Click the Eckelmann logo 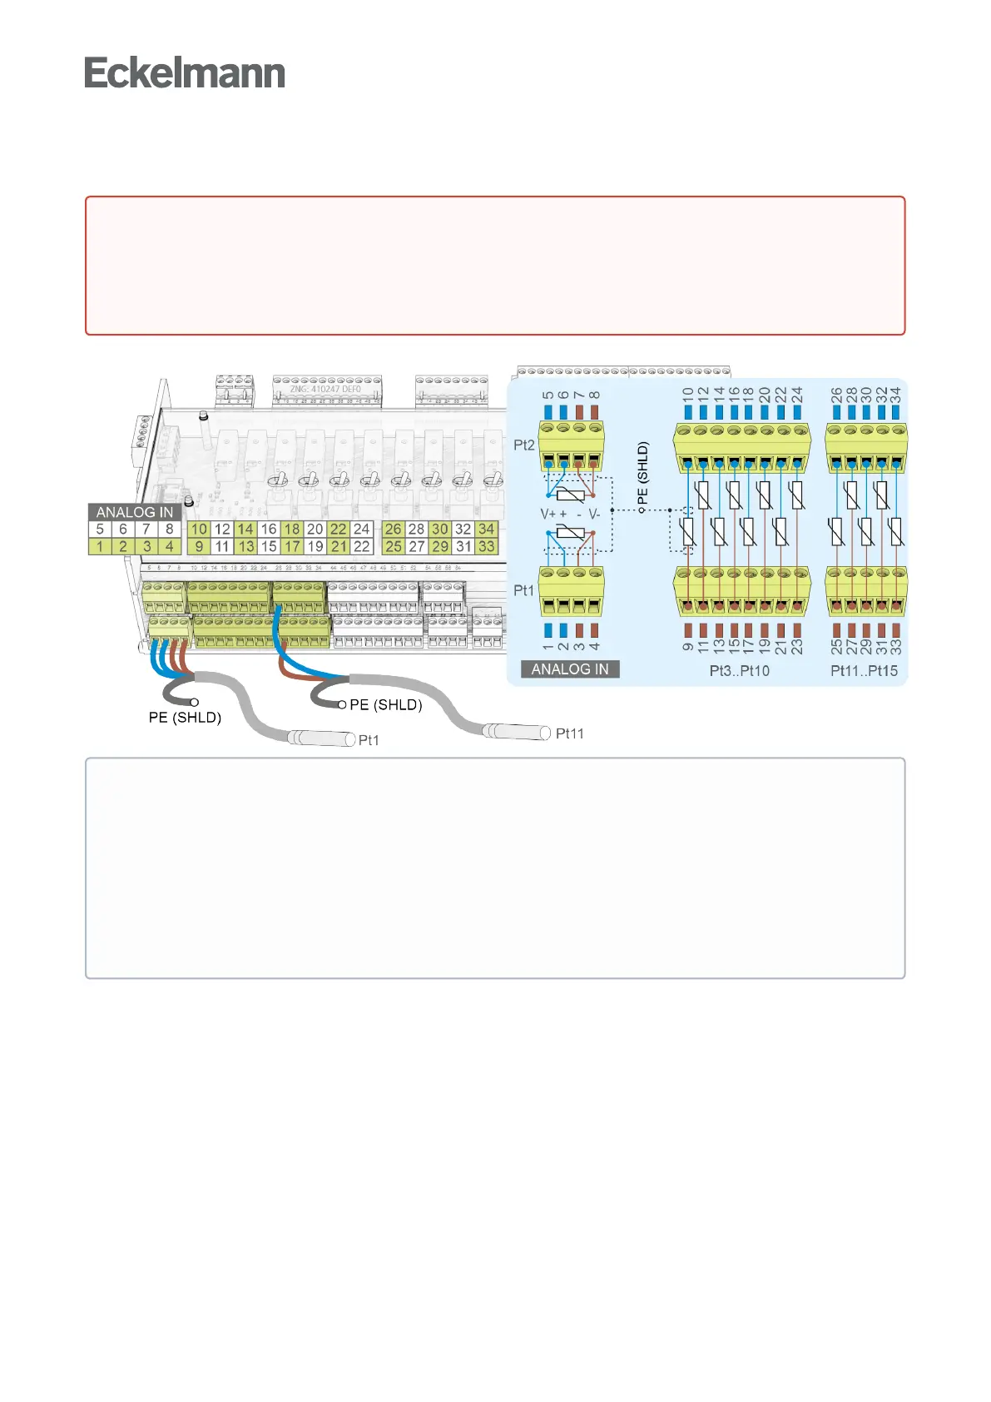tap(185, 73)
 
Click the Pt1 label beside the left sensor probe tap(369, 740)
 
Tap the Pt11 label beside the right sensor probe tap(570, 733)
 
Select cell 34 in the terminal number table tap(487, 529)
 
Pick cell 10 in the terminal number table tap(199, 529)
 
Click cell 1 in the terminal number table tap(100, 547)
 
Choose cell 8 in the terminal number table tap(170, 529)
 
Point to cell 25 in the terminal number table tap(394, 547)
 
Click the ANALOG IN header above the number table tap(135, 512)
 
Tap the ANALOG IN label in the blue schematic tap(570, 669)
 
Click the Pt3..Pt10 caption tap(740, 671)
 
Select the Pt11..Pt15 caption tap(865, 671)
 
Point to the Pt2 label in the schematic tap(523, 445)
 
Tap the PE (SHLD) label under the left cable tap(185, 718)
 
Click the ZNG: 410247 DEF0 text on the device tap(325, 389)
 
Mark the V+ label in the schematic tap(548, 515)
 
